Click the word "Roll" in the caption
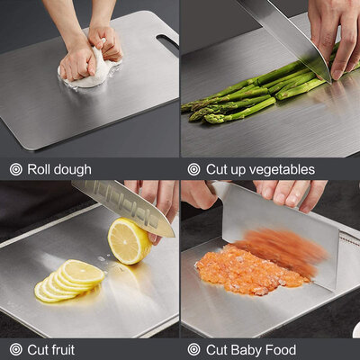tap(40, 169)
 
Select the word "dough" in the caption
tap(73, 169)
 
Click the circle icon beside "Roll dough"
tap(15, 169)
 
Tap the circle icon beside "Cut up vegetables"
tap(193, 169)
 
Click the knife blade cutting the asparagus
tap(283, 31)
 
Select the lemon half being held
tap(128, 240)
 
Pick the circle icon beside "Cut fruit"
tap(15, 349)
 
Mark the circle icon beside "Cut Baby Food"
tap(193, 349)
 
